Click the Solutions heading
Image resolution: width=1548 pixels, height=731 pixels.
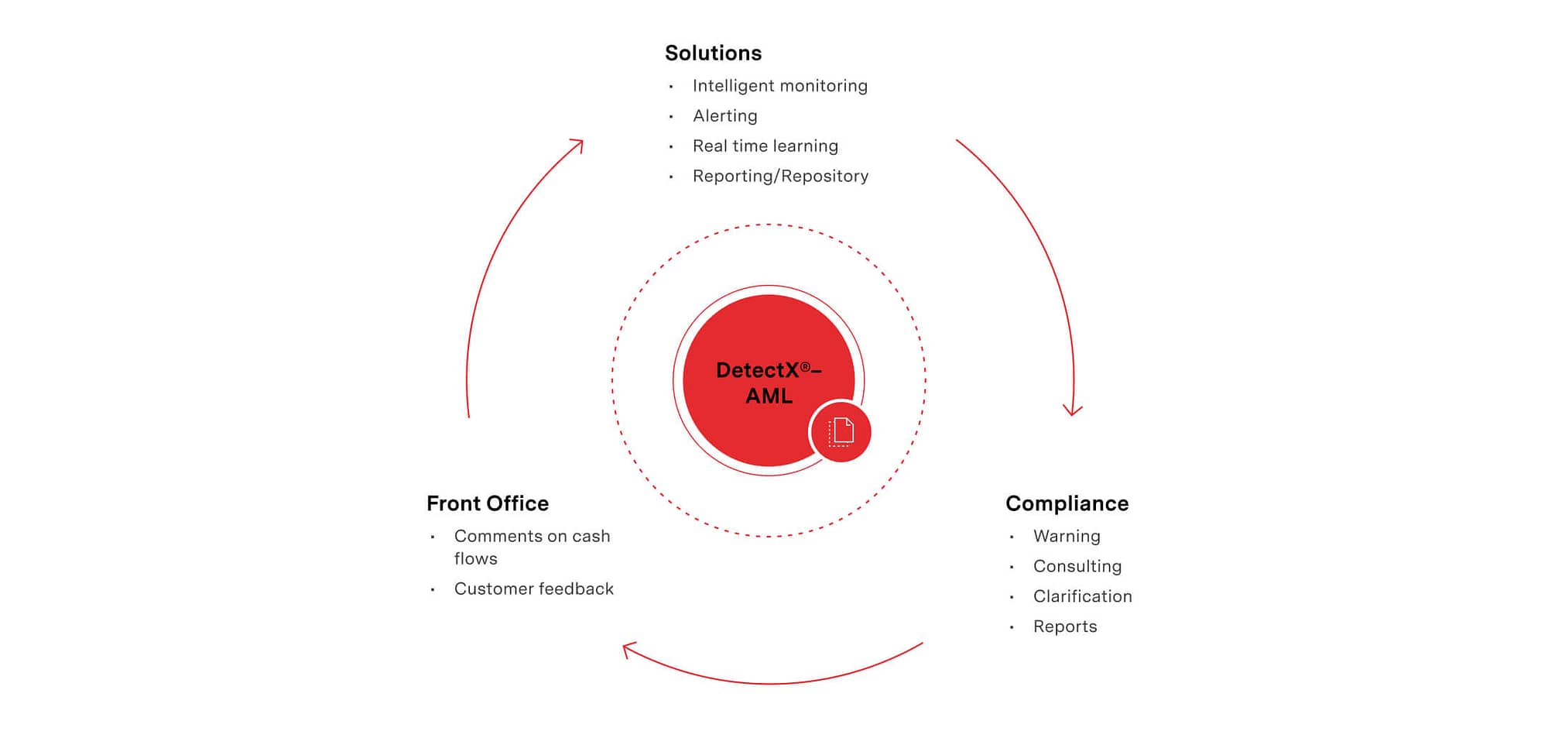713,53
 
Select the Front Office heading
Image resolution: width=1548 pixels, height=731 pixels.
488,503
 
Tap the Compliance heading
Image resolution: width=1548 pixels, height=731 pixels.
1067,504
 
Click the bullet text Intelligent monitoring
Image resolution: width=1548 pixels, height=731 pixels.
780,86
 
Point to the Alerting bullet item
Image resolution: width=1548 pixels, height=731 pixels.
725,116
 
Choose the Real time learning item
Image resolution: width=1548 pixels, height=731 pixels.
765,146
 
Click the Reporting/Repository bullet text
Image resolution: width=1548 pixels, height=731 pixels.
781,177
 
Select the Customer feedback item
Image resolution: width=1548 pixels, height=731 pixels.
534,589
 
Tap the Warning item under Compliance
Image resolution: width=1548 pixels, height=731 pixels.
1067,537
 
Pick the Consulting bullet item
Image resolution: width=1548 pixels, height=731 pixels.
1077,567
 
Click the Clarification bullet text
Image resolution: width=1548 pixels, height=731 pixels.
1083,596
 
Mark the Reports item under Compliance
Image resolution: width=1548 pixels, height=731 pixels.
1065,627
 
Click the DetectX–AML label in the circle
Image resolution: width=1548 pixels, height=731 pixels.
769,383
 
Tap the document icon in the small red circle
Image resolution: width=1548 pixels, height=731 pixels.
841,432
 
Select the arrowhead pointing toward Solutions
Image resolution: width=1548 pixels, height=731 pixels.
577,144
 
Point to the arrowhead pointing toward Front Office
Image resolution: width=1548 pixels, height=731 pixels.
628,649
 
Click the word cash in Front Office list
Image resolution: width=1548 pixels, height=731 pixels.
591,537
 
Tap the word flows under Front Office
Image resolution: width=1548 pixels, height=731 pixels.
476,559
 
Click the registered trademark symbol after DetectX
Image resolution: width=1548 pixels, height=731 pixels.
805,366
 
